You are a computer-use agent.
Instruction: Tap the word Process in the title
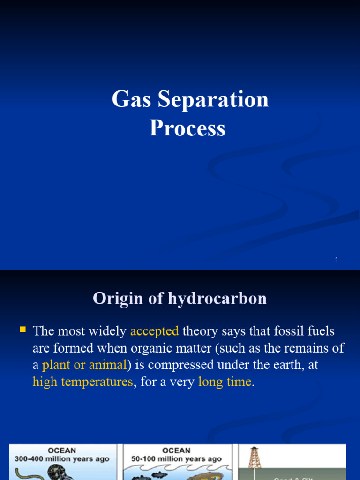187,128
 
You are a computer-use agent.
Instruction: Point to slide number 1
337,259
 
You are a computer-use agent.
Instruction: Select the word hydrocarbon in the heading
218,299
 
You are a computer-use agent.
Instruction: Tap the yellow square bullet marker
22,330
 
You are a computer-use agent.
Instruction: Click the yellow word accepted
155,331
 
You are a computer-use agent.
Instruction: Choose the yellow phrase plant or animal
84,365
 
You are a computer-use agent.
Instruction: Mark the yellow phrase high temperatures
83,382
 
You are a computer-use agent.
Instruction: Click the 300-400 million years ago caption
62,459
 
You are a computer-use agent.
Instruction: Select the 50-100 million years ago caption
177,459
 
